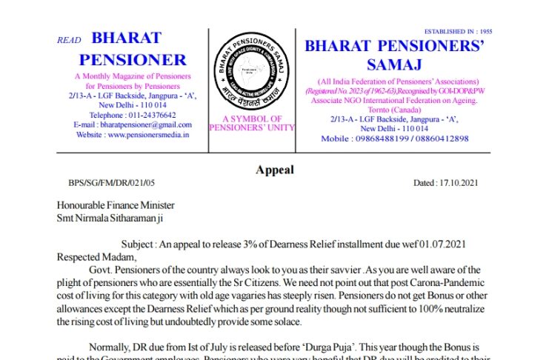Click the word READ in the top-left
pos(68,40)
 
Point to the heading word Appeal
pos(274,170)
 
